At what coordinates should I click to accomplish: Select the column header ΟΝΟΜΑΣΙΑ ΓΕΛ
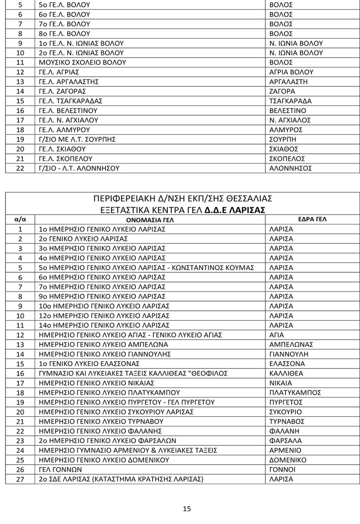[x=150, y=220]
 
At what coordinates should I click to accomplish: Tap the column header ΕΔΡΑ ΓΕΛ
[x=312, y=220]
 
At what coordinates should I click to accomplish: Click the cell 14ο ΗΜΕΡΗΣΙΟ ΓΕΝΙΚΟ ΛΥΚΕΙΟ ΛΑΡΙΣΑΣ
[x=104, y=325]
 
